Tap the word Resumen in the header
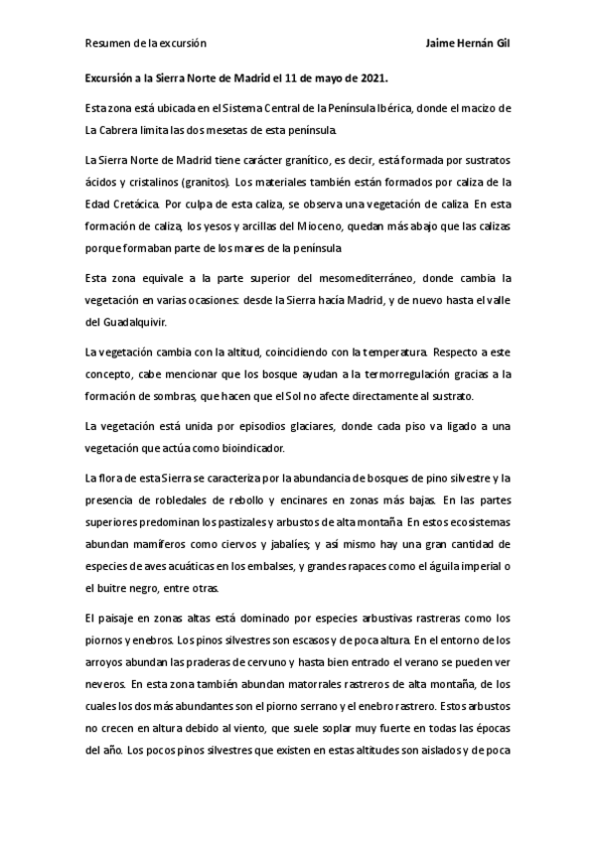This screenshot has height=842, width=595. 106,44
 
